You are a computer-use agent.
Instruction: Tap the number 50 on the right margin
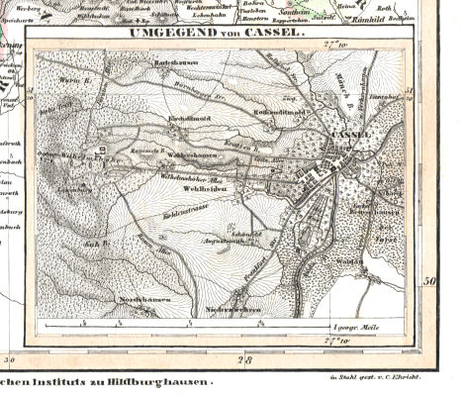(430, 281)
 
